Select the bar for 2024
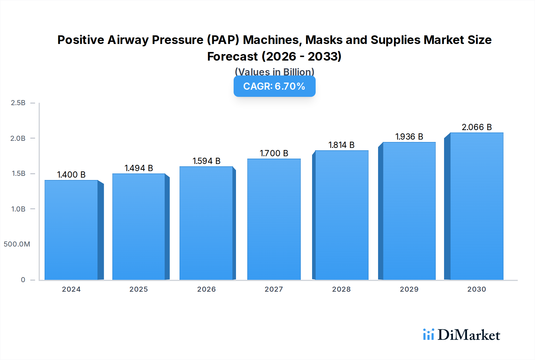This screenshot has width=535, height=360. tap(71, 230)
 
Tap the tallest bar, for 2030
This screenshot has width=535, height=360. tap(476, 206)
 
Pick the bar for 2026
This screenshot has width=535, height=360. tap(206, 223)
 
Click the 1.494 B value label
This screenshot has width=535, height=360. tap(139, 168)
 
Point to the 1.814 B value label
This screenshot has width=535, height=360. tap(341, 145)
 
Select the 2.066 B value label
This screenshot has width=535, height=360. tap(476, 127)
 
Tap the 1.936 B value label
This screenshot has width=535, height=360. tap(409, 137)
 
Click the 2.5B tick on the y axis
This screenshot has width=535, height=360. tap(18, 103)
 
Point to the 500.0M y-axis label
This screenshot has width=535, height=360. tap(17, 244)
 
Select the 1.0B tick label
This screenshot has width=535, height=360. tap(18, 209)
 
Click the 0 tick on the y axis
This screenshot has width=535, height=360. tap(23, 280)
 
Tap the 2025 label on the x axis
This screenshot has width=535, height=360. tap(139, 289)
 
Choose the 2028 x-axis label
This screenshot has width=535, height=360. tap(341, 289)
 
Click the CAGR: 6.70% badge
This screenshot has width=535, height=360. tap(274, 86)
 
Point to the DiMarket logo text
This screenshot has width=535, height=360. tap(469, 335)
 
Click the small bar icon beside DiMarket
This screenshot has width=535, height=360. tap(428, 334)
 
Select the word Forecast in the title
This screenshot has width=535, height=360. tap(232, 56)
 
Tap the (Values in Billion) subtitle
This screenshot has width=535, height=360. tap(274, 72)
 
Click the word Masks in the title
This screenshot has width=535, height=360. tap(324, 40)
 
